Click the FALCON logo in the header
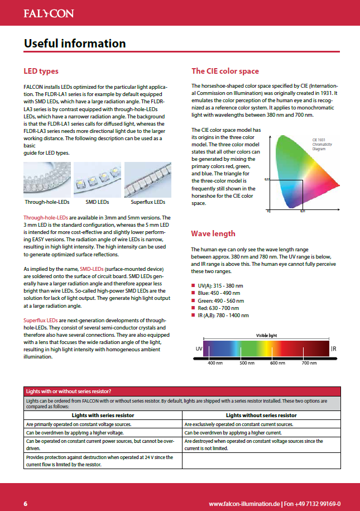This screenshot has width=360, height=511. [49, 13]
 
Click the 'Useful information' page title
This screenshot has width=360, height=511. [75, 44]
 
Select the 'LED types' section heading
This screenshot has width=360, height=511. [41, 71]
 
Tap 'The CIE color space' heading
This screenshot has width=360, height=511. [225, 71]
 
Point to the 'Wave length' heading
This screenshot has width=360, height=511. [213, 233]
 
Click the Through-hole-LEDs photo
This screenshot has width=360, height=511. [46, 179]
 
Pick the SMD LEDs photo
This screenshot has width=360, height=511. [97, 179]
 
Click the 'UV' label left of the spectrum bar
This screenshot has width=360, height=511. [199, 349]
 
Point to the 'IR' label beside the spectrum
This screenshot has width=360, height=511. [334, 349]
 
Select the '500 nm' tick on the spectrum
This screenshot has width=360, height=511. [246, 363]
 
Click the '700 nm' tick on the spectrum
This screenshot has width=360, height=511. [309, 363]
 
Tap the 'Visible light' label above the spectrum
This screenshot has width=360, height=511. [266, 335]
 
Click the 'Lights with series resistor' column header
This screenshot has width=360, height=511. [103, 416]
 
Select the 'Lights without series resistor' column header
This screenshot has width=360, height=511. [261, 416]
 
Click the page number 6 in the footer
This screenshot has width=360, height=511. [26, 503]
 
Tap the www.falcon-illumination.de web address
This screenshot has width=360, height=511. [244, 503]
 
